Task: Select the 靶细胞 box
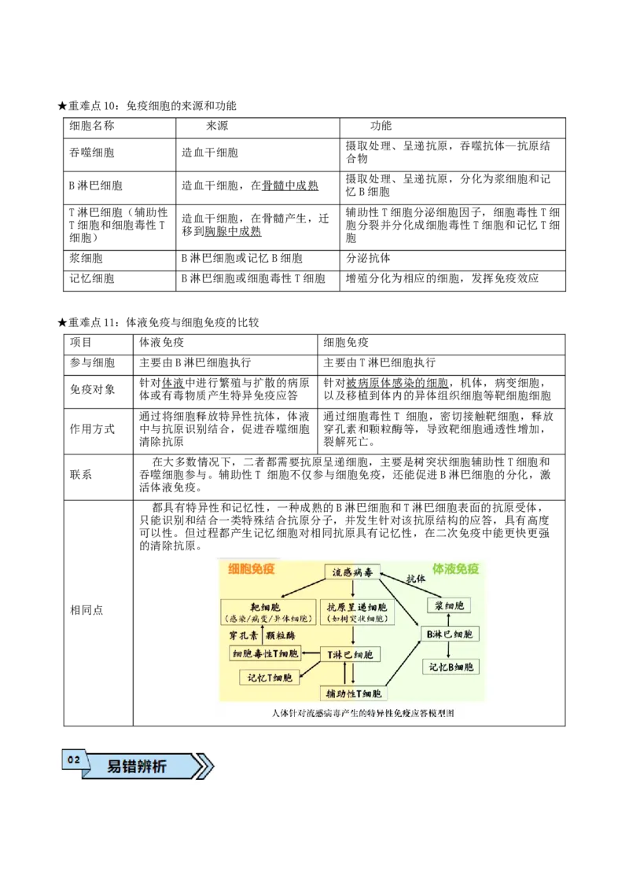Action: [x=267, y=612]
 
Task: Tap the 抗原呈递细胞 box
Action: [x=355, y=612]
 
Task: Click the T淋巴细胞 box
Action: [x=351, y=654]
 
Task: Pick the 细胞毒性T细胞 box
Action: [x=266, y=654]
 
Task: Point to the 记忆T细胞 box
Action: [x=270, y=677]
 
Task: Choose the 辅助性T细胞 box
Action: [x=354, y=693]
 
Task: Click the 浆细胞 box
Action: [x=448, y=605]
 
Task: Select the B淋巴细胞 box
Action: [x=448, y=634]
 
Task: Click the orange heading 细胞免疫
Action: [x=252, y=568]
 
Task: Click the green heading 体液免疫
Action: [x=455, y=568]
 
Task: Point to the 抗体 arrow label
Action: [x=416, y=579]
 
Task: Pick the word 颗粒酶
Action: [x=281, y=634]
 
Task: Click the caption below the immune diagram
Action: [x=362, y=713]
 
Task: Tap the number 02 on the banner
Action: [x=74, y=760]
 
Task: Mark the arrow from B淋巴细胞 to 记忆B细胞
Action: [x=448, y=650]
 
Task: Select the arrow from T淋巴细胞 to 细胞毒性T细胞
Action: [x=313, y=654]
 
